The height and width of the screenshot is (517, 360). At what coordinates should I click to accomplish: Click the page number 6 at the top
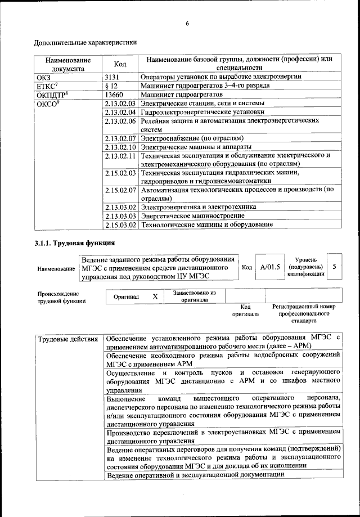[x=187, y=23]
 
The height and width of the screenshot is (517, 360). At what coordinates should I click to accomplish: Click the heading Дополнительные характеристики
[x=84, y=42]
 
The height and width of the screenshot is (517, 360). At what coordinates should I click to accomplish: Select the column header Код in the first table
[x=119, y=64]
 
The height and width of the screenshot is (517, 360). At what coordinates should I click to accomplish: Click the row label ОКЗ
[x=43, y=77]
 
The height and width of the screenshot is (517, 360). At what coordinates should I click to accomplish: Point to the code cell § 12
[x=111, y=86]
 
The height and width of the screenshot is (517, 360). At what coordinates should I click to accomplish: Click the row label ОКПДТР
[x=49, y=95]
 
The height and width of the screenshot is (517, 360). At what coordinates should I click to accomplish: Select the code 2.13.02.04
[x=121, y=112]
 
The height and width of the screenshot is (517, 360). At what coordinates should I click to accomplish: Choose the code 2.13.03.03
[x=121, y=215]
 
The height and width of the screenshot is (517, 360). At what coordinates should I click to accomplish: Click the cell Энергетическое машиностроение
[x=192, y=215]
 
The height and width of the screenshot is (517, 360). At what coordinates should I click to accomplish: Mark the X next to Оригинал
[x=155, y=296]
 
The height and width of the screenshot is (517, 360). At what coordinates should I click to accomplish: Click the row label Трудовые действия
[x=67, y=339]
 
